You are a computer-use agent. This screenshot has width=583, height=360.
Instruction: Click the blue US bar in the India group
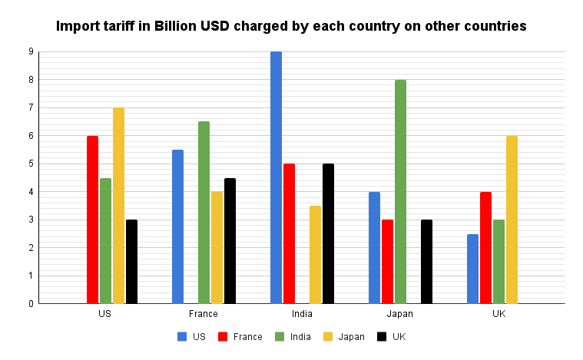point(276,177)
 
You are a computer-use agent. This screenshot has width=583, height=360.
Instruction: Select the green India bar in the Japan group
point(400,192)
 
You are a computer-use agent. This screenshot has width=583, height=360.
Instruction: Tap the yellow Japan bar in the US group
point(118,206)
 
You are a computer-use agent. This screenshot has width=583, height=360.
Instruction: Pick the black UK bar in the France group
point(230,241)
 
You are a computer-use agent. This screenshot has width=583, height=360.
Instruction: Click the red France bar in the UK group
point(485,248)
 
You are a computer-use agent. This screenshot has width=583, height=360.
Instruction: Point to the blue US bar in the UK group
point(472,269)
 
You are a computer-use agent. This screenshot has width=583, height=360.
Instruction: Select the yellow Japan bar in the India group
point(315,255)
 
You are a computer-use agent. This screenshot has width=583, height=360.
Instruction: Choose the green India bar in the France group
point(204,213)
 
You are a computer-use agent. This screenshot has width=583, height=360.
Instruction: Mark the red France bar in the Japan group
point(387,262)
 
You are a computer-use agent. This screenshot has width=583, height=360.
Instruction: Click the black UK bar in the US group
point(131,262)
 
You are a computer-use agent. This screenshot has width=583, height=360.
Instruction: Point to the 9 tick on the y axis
point(31,52)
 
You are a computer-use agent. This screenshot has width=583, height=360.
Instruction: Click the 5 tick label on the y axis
point(31,164)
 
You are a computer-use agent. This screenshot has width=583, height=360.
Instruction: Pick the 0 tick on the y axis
point(31,304)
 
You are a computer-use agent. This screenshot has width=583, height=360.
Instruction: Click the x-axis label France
point(203,314)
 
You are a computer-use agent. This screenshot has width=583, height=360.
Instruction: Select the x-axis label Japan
point(399,314)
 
